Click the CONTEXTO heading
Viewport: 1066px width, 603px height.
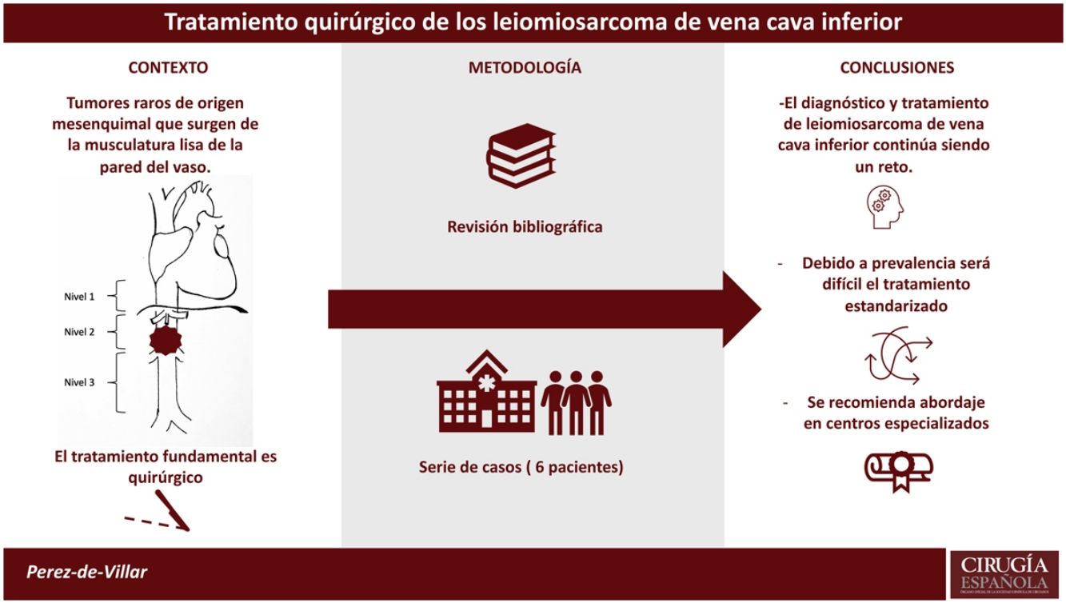click(168, 68)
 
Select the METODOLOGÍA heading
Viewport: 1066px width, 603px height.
click(525, 68)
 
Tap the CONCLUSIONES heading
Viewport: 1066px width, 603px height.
click(896, 68)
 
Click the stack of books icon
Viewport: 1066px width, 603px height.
click(521, 155)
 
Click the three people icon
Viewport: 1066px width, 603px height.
click(576, 401)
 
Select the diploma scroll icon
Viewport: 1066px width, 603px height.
click(899, 468)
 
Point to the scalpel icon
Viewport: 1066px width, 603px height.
click(174, 513)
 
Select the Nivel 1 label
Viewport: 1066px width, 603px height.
click(79, 296)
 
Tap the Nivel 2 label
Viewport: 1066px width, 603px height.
click(79, 332)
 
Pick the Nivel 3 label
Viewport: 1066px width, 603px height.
click(79, 382)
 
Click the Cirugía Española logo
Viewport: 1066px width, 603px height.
click(1004, 573)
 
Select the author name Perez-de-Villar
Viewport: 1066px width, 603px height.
click(87, 573)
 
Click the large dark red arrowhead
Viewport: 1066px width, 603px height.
click(741, 309)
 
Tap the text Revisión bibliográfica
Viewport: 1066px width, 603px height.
click(525, 227)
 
